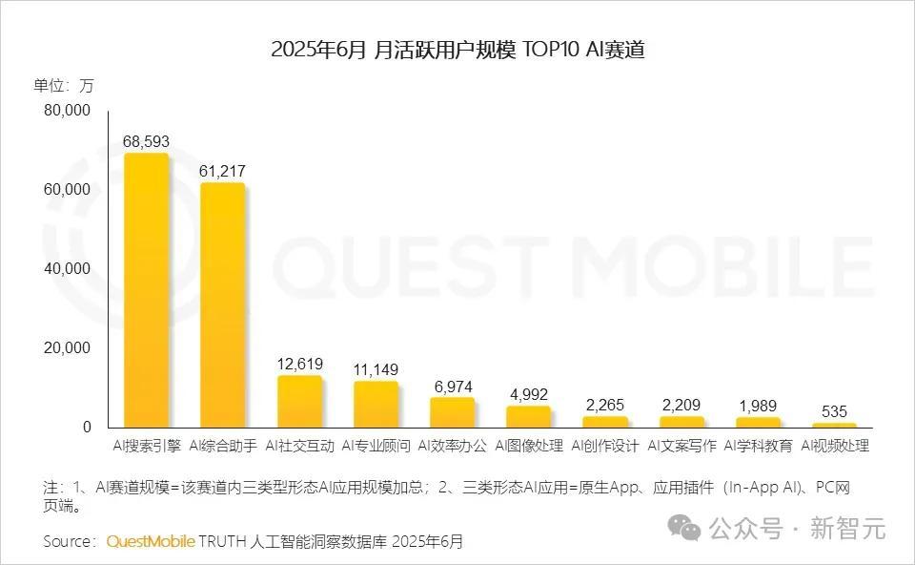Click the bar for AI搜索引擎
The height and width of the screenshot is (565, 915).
click(x=147, y=291)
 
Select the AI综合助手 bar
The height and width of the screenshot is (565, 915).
click(x=223, y=305)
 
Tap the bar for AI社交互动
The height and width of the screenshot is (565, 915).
click(x=299, y=402)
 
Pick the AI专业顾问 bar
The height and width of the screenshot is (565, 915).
click(x=376, y=405)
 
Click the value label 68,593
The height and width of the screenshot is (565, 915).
click(x=147, y=142)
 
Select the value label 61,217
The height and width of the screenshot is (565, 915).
click(x=223, y=171)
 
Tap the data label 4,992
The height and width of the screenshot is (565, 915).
click(x=528, y=394)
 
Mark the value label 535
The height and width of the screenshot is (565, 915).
click(x=834, y=411)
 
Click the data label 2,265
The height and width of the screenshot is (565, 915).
click(x=605, y=405)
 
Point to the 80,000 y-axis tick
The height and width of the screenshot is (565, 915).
click(x=67, y=111)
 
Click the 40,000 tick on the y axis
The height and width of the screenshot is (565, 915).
click(x=67, y=269)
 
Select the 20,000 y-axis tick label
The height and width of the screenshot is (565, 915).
click(x=67, y=348)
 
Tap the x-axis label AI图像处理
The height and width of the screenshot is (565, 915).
click(x=528, y=446)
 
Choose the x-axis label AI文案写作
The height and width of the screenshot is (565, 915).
click(x=681, y=446)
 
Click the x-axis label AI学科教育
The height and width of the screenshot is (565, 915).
click(x=758, y=446)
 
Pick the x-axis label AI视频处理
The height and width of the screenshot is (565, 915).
click(x=834, y=446)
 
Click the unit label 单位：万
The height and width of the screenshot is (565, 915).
click(x=64, y=85)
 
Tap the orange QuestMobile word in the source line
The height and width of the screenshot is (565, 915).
click(x=151, y=541)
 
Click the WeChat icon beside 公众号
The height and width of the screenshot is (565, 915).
click(x=683, y=526)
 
